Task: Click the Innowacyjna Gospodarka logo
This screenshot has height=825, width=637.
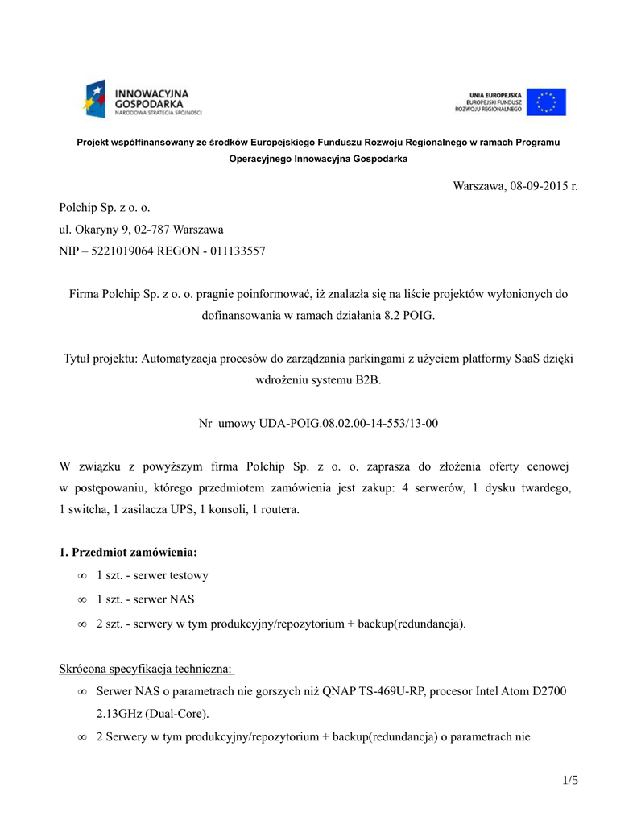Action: tap(142, 99)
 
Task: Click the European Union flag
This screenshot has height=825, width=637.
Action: tap(547, 102)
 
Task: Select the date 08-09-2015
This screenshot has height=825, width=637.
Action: tap(537, 186)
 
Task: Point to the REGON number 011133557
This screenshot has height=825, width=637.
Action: tap(238, 251)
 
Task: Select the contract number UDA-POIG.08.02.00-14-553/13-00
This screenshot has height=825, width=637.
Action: tap(349, 422)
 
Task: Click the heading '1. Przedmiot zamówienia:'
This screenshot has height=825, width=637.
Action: tap(128, 553)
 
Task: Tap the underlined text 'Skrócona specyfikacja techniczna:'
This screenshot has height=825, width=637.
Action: tap(147, 669)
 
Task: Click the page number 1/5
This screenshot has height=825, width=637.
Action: tap(570, 779)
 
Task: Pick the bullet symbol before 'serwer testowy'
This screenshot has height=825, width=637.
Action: tap(82, 576)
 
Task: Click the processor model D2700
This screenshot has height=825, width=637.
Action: tap(550, 691)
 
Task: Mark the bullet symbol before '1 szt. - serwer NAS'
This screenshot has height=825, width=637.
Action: tap(82, 599)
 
